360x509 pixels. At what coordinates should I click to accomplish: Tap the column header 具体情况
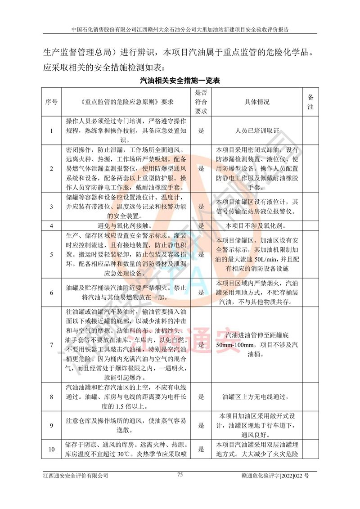click(257, 102)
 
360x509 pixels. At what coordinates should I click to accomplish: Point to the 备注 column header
click(310, 102)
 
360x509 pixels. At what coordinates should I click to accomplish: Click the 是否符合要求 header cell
click(201, 102)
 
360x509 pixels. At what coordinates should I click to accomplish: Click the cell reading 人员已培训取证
click(257, 131)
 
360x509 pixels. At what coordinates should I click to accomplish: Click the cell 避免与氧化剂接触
click(129, 225)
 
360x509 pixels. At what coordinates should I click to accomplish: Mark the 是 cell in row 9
click(201, 425)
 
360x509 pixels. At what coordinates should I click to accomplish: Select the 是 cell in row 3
click(201, 206)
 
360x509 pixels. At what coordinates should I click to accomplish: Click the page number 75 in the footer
click(180, 474)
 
